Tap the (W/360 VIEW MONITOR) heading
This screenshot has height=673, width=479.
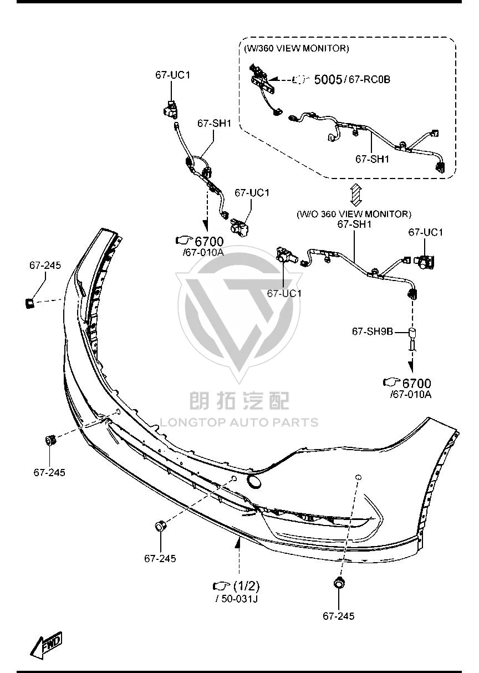296,48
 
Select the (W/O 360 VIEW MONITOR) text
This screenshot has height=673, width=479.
354,214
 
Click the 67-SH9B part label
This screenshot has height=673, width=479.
373,332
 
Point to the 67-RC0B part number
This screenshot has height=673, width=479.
369,79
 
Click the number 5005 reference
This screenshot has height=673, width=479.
328,79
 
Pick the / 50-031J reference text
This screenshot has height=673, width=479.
237,599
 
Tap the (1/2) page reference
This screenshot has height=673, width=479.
246,585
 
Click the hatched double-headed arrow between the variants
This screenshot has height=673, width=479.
356,195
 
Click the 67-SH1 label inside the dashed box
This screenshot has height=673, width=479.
372,159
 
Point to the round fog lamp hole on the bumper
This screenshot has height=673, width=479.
254,481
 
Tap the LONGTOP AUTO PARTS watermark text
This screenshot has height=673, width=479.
239,422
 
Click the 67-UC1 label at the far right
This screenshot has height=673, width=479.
426,232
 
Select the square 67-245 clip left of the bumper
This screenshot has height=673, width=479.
29,303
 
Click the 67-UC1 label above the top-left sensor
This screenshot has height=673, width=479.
173,75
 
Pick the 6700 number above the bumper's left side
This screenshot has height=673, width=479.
209,242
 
